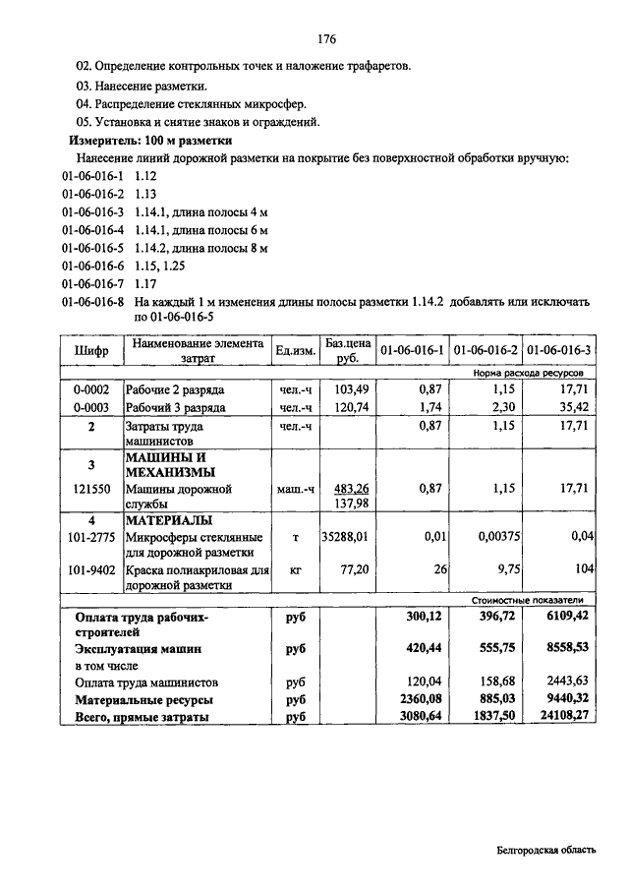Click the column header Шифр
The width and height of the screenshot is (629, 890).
pos(90,351)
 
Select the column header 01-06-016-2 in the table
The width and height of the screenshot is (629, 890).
pos(486,351)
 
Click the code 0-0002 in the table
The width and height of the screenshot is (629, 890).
pos(90,390)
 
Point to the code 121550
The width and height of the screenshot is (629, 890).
pos(90,488)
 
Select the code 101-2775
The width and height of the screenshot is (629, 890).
pos(90,537)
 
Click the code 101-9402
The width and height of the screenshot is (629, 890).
pos(90,569)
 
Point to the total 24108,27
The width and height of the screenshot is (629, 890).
pos(562,717)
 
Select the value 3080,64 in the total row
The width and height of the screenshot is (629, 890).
pos(422,717)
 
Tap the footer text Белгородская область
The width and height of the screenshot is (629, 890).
pos(546,851)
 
